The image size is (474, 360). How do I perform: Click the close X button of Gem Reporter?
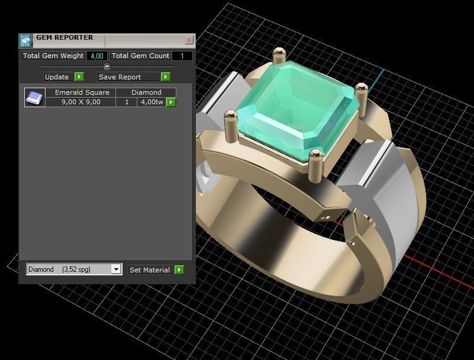(x=189, y=40)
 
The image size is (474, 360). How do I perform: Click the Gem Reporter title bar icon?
(x=25, y=40)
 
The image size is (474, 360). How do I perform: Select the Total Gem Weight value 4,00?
(x=96, y=56)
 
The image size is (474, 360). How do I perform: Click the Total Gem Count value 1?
(x=182, y=56)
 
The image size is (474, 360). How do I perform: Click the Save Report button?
(x=128, y=77)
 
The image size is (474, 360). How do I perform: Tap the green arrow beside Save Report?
(x=166, y=77)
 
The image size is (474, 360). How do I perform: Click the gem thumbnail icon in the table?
(x=35, y=97)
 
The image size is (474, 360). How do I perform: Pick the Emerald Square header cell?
(x=82, y=92)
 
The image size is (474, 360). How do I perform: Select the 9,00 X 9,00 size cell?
(x=82, y=102)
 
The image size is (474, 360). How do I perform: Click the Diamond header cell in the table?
(x=146, y=92)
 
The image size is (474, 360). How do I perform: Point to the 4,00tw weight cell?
(x=151, y=102)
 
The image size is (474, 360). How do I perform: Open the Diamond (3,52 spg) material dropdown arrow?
(x=116, y=269)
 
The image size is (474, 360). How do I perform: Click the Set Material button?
(x=150, y=269)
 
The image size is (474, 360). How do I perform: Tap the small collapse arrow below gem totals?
(x=107, y=66)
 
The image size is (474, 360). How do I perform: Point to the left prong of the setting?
(x=228, y=121)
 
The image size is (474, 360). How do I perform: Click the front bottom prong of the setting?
(x=315, y=162)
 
